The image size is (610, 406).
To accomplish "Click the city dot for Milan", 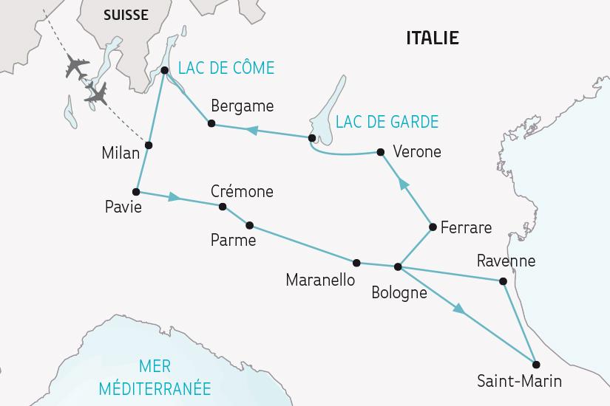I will (x=149, y=145).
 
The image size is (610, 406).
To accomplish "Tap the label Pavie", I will (x=123, y=207).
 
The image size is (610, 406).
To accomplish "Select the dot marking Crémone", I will (x=223, y=207).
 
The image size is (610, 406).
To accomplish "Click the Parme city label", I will (x=233, y=241).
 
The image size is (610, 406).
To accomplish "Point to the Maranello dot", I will (x=356, y=263).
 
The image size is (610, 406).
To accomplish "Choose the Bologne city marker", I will (x=398, y=266).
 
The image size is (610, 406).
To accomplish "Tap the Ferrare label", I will (x=466, y=227).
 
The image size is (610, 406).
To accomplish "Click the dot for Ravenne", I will (x=504, y=281).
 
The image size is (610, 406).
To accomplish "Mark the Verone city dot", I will (x=380, y=152).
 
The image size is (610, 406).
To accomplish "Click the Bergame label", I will (x=242, y=106).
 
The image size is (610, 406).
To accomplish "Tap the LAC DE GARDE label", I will (x=387, y=122).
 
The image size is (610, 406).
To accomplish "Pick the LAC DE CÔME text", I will (x=226, y=69).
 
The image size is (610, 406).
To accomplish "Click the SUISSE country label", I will (x=126, y=15).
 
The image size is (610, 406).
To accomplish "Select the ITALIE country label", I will (x=433, y=38).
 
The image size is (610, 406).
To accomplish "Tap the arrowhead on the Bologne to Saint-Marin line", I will (x=460, y=310).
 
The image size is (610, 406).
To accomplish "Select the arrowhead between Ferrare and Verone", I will (x=403, y=183).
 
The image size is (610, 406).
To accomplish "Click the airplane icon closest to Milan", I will (x=95, y=92).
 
